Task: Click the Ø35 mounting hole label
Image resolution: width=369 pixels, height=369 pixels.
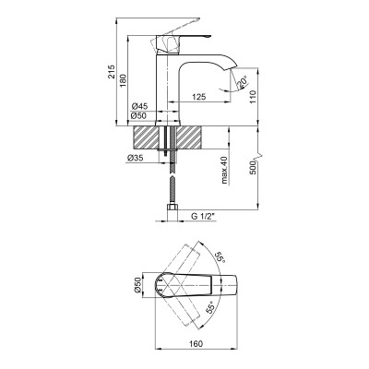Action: click(x=136, y=159)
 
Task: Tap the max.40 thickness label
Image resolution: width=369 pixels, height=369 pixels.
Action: click(x=224, y=170)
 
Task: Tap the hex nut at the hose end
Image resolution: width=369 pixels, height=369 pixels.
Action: click(x=173, y=217)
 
